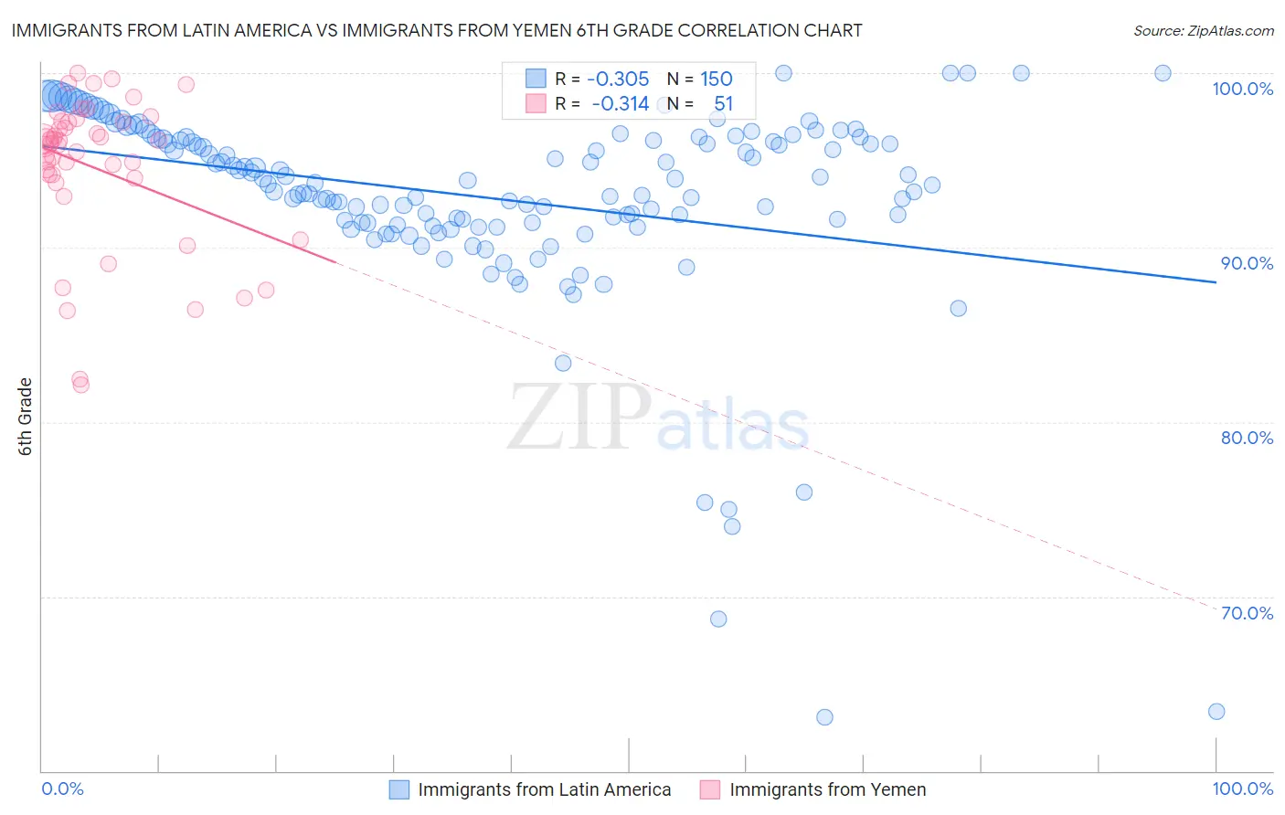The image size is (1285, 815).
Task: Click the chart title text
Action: (x=437, y=31)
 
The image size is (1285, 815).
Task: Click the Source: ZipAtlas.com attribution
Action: (x=1203, y=31)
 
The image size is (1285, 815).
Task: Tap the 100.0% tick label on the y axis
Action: (x=1242, y=89)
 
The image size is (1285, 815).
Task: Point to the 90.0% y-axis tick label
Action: (x=1247, y=263)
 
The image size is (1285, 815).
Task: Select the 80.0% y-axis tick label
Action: (x=1247, y=438)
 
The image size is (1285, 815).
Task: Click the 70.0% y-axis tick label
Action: (x=1247, y=613)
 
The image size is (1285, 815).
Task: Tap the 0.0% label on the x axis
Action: (x=62, y=789)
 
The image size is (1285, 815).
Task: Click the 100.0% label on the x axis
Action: (x=1242, y=789)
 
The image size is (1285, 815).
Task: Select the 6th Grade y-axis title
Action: (x=26, y=417)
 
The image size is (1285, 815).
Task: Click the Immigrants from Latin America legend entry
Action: (x=544, y=789)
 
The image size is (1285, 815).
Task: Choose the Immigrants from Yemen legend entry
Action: (x=827, y=789)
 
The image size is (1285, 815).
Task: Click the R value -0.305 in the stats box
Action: (x=618, y=79)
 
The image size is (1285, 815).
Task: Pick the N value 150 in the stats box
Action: (x=717, y=79)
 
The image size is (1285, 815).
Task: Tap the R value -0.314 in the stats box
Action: (x=620, y=104)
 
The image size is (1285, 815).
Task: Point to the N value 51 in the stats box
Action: (x=723, y=104)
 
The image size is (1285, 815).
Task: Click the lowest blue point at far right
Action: (x=1216, y=712)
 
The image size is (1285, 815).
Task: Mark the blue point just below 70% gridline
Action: (x=718, y=619)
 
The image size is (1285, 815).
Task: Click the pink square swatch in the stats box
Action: (x=536, y=104)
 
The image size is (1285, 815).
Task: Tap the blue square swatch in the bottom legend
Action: (x=399, y=789)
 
